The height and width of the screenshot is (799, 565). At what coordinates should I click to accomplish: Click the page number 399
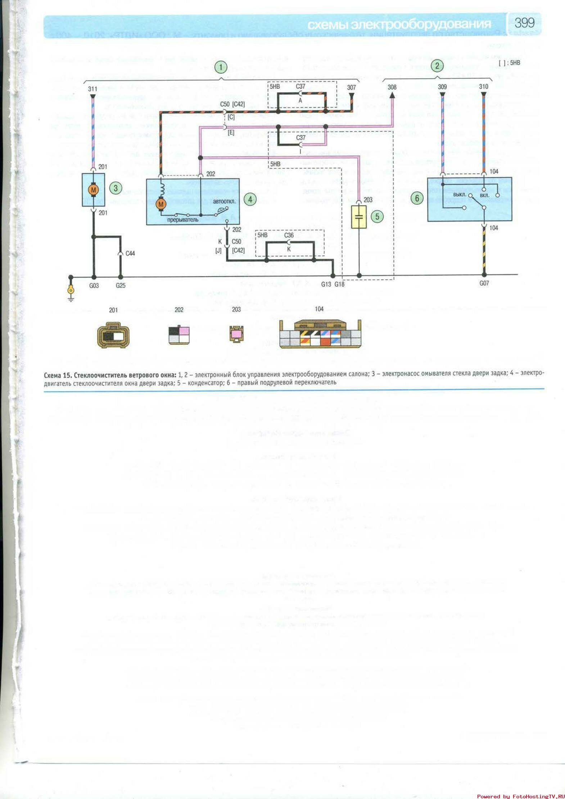(x=524, y=23)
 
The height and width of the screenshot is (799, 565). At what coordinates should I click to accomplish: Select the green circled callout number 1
(x=221, y=67)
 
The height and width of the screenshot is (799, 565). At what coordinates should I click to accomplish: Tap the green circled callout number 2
(x=437, y=66)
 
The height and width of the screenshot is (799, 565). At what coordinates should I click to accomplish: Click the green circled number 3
(x=116, y=188)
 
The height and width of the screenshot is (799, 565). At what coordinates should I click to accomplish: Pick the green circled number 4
(x=250, y=199)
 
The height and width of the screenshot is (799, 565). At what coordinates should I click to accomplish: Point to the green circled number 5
(x=377, y=216)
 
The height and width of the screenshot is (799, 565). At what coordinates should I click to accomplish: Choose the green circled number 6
(x=417, y=198)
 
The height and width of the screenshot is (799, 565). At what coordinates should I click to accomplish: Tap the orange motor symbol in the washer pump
(x=94, y=190)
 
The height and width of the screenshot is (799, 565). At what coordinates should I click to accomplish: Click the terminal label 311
(x=92, y=89)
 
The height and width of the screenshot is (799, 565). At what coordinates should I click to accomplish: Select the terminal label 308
(x=392, y=87)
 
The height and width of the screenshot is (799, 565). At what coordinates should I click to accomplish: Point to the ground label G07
(x=484, y=283)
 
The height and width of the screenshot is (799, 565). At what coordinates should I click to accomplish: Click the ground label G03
(x=94, y=286)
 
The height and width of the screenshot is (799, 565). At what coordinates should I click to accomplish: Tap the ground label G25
(x=121, y=286)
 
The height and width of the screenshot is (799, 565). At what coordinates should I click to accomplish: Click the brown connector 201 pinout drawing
(x=113, y=335)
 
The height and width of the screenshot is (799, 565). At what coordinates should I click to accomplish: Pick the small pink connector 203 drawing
(x=236, y=334)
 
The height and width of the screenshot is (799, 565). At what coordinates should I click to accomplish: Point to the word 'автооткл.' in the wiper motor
(x=224, y=201)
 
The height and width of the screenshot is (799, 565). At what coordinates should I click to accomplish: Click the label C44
(x=130, y=254)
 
